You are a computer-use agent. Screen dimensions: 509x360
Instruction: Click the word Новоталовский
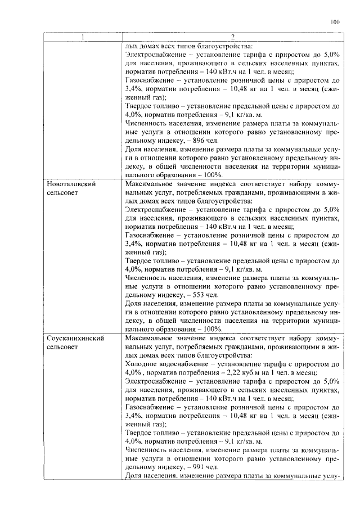[70, 184]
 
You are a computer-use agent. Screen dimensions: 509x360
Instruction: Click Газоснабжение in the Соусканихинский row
[150, 407]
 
